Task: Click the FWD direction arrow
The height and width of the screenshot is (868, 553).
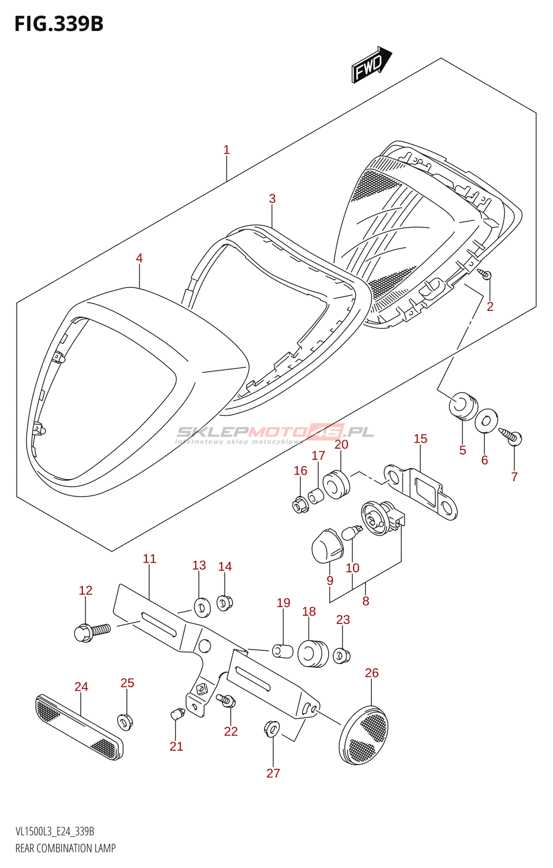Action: [x=371, y=65]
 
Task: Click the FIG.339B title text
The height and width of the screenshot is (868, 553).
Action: [x=59, y=24]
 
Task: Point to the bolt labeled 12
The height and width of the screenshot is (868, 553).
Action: [x=92, y=632]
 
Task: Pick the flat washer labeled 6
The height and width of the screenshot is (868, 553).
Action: [x=487, y=420]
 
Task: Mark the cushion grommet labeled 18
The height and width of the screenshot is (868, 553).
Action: [x=313, y=654]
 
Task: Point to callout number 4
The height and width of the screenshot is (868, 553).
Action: [x=139, y=258]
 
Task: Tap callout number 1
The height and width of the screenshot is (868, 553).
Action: [x=227, y=150]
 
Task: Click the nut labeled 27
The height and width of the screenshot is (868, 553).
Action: [x=272, y=729]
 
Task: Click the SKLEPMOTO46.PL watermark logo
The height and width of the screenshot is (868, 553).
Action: [x=275, y=432]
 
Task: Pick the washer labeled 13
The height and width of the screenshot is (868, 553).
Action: [x=202, y=608]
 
